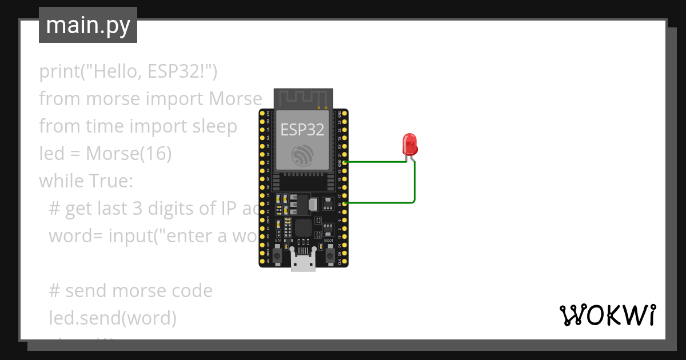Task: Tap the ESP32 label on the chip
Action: tap(302, 130)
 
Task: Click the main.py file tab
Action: tap(88, 26)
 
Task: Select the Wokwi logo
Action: tap(607, 315)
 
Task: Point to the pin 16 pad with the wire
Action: tap(346, 203)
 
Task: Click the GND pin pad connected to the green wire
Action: tap(346, 162)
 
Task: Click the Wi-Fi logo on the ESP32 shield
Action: tap(302, 154)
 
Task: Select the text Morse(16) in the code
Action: tap(129, 154)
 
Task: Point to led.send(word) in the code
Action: tap(113, 318)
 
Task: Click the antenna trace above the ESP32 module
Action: tap(303, 98)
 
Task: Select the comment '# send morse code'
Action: tap(130, 291)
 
